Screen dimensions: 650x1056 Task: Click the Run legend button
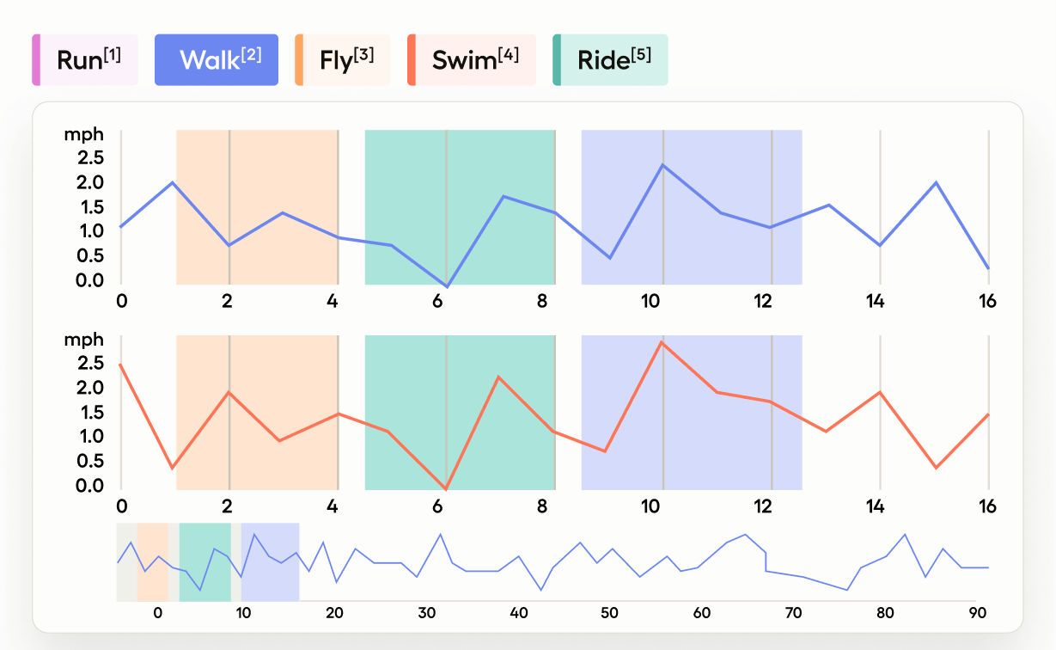(x=86, y=60)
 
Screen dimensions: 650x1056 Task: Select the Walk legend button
(x=217, y=60)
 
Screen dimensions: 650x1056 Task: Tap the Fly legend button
(x=343, y=60)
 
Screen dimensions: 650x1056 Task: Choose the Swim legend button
(x=472, y=60)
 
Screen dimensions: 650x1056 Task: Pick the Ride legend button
(x=610, y=60)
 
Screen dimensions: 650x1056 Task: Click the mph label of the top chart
(x=83, y=135)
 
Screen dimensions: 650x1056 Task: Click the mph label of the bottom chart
(x=83, y=340)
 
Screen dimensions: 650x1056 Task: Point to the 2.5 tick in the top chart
(x=91, y=158)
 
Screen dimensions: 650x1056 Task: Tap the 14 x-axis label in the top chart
(x=875, y=301)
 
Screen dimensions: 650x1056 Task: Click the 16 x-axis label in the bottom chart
(x=987, y=506)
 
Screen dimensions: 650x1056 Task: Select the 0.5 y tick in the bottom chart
(x=91, y=462)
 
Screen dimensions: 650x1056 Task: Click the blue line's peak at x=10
(x=662, y=164)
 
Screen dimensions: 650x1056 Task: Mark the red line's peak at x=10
(x=661, y=342)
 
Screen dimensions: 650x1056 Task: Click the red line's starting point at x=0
(x=121, y=365)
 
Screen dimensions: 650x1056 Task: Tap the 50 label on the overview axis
(x=609, y=613)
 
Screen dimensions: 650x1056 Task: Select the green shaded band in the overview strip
(x=204, y=561)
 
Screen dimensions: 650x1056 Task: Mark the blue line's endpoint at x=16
(x=988, y=268)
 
